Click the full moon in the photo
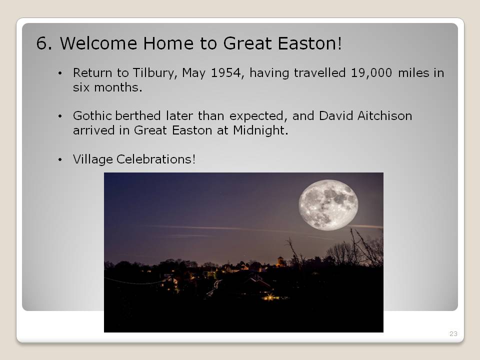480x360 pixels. point(328,205)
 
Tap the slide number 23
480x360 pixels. point(453,333)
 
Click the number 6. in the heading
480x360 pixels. point(44,43)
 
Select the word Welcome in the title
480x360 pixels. point(98,43)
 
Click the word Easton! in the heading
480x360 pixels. point(310,43)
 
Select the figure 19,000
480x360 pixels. point(371,73)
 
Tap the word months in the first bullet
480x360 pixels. point(118,87)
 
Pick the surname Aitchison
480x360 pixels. point(384,115)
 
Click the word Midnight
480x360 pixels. point(260,130)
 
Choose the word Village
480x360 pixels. point(93,159)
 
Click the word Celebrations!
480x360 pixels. point(156,159)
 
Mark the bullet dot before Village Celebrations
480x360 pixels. point(60,159)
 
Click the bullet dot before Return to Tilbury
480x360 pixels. point(60,73)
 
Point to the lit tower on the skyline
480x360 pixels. point(280,261)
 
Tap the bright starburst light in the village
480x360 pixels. point(269,297)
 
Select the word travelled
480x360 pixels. point(319,73)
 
